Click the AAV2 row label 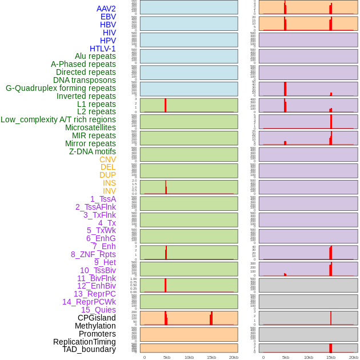[106, 9]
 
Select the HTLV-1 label [102, 49]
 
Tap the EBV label [107, 17]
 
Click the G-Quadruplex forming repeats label [61, 88]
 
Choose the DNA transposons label [85, 80]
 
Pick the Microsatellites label [90, 127]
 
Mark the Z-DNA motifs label [92, 151]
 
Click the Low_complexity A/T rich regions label [58, 119]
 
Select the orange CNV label [107, 159]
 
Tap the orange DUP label [107, 175]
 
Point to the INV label [109, 191]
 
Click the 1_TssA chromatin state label [103, 199]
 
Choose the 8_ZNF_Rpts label [93, 254]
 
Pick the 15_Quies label [98, 310]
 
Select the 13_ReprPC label [94, 294]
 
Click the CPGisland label [97, 318]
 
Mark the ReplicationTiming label [84, 342]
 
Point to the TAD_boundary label [89, 349]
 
